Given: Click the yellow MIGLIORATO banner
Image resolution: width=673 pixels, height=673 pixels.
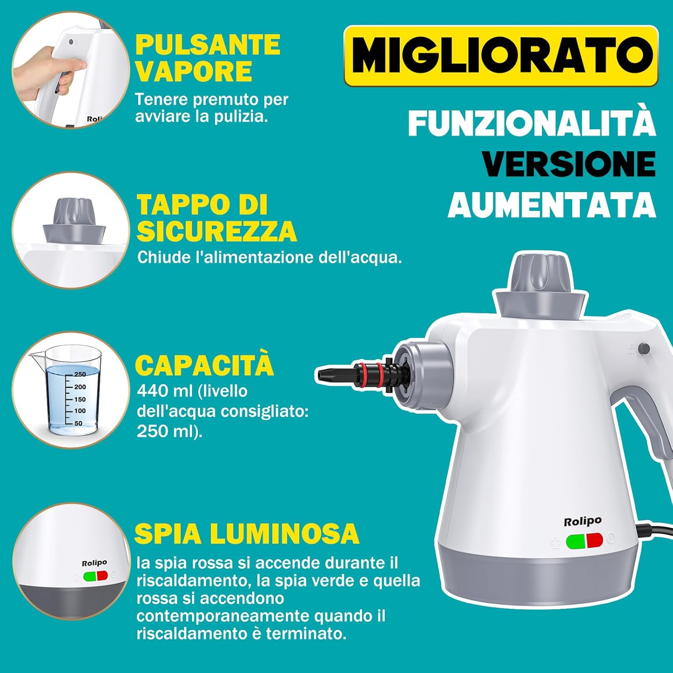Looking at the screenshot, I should pyautogui.click(x=501, y=56).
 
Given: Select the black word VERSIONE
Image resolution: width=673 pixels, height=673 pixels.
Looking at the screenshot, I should pyautogui.click(x=569, y=164).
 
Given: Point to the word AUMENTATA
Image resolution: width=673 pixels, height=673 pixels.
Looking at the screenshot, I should pyautogui.click(x=552, y=205).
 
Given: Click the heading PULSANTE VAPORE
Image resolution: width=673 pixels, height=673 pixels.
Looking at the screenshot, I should pyautogui.click(x=208, y=58).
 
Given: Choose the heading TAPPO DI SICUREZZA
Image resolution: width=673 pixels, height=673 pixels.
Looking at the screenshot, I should pyautogui.click(x=216, y=218).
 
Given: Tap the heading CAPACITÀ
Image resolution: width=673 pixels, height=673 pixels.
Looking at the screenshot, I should pyautogui.click(x=204, y=366).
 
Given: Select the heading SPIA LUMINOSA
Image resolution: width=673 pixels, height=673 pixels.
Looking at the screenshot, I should pyautogui.click(x=247, y=533).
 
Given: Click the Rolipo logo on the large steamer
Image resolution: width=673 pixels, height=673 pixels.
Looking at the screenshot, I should pyautogui.click(x=582, y=521).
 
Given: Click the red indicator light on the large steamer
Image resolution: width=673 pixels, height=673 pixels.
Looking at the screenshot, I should pyautogui.click(x=594, y=541).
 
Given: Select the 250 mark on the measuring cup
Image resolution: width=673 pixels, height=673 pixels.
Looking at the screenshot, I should pyautogui.click(x=80, y=374).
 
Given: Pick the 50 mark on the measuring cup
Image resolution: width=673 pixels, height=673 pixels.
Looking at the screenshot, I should pyautogui.click(x=78, y=423).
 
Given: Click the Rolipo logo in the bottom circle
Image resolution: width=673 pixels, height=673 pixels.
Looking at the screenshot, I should pyautogui.click(x=94, y=563).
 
